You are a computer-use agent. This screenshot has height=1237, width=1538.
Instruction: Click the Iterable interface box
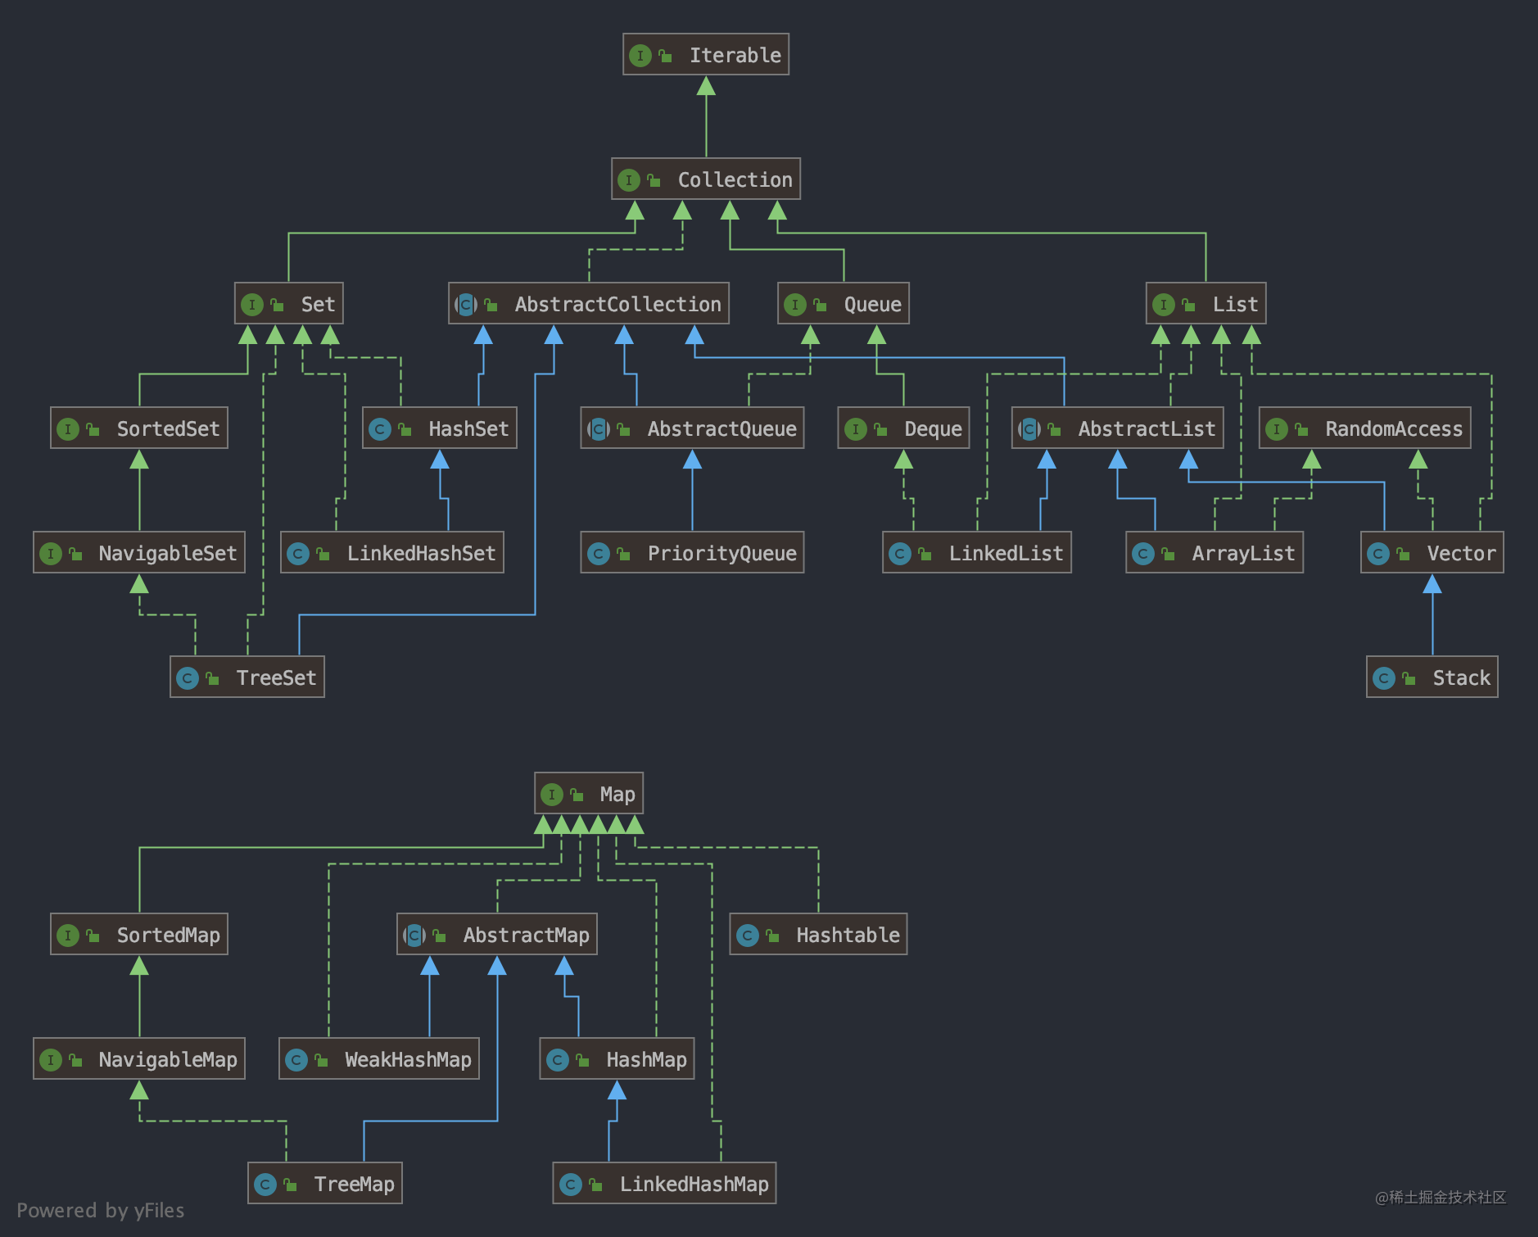[705, 55]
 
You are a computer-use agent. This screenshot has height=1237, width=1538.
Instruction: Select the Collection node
[705, 179]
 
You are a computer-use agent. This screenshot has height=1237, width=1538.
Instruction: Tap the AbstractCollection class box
[588, 304]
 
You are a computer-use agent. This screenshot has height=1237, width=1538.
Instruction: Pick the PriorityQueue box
[692, 553]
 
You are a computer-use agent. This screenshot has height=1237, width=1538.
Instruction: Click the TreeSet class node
[247, 677]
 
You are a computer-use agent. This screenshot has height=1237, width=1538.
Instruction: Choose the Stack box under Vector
[1432, 677]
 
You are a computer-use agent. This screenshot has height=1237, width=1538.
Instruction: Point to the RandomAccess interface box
[1364, 428]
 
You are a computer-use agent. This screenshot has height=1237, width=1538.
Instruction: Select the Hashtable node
[818, 935]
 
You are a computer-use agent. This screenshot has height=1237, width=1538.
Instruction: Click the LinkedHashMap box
[664, 1184]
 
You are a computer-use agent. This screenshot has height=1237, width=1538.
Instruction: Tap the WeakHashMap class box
[378, 1059]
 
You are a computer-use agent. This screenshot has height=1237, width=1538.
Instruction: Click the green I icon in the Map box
[552, 794]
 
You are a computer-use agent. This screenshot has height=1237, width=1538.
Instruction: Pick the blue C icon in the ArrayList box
[1143, 554]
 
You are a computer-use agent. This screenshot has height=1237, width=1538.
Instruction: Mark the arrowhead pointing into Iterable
[706, 86]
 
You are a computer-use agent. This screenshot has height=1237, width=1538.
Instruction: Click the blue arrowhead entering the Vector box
[1432, 584]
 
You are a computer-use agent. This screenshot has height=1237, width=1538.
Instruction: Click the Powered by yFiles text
[100, 1210]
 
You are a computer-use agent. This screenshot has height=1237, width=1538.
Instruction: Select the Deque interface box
[903, 428]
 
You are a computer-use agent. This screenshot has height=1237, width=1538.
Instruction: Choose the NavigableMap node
[139, 1059]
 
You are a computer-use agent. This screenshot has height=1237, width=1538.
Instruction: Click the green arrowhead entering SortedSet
[139, 460]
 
